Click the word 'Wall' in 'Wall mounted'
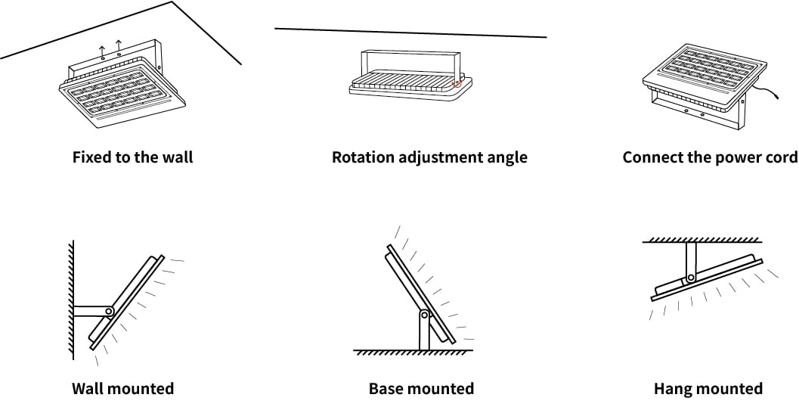pos(88,389)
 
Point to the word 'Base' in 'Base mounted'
pos(385,389)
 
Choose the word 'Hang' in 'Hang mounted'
pos(671,389)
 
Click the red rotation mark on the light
pos(457,83)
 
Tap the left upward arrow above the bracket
pos(102,51)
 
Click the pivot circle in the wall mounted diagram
pos(109,311)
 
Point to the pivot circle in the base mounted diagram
pos(424,315)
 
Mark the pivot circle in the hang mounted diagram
pos(690,278)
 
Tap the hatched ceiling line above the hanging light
pos(702,240)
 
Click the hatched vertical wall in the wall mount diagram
pos(71,300)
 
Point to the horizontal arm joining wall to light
pos(91,311)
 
